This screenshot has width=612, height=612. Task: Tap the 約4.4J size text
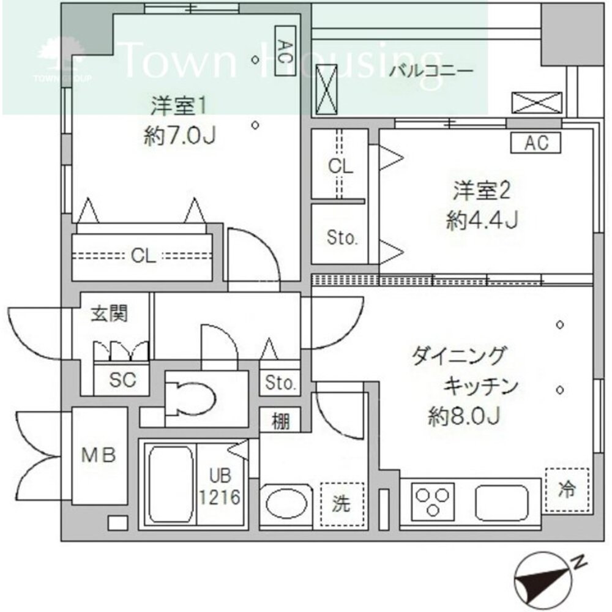pyautogui.click(x=483, y=220)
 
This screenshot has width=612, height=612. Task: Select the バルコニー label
pyautogui.click(x=431, y=71)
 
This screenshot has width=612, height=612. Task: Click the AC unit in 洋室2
pyautogui.click(x=535, y=143)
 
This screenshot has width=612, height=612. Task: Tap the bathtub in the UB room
pyautogui.click(x=170, y=483)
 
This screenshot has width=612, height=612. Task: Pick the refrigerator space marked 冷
pyautogui.click(x=567, y=490)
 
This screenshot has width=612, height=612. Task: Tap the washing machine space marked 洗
pyautogui.click(x=341, y=504)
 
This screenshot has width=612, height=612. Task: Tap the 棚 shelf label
pyautogui.click(x=281, y=421)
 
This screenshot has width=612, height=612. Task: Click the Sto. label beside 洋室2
pyautogui.click(x=341, y=237)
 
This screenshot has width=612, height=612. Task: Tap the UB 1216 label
pyautogui.click(x=219, y=486)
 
